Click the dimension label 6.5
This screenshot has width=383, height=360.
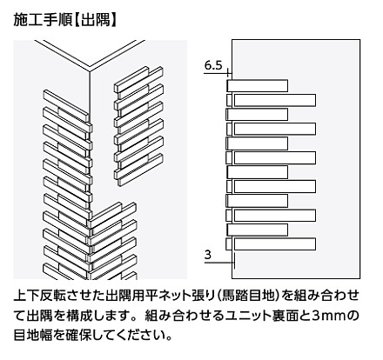(213, 65)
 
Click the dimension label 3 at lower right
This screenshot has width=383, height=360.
(208, 255)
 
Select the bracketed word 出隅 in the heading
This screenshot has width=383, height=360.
(95, 21)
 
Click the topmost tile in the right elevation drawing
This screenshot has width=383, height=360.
(258, 86)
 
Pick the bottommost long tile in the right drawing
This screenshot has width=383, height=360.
(275, 244)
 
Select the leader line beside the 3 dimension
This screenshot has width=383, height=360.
(219, 263)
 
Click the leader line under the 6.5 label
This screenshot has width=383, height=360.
(215, 74)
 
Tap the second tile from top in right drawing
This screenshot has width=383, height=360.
(275, 100)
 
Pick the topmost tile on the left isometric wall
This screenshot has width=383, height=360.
(66, 106)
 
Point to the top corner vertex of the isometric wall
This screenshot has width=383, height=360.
(90, 70)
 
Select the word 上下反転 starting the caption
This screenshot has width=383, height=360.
(41, 296)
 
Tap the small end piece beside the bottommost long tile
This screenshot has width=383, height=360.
(229, 244)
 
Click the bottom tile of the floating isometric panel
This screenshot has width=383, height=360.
(140, 170)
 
